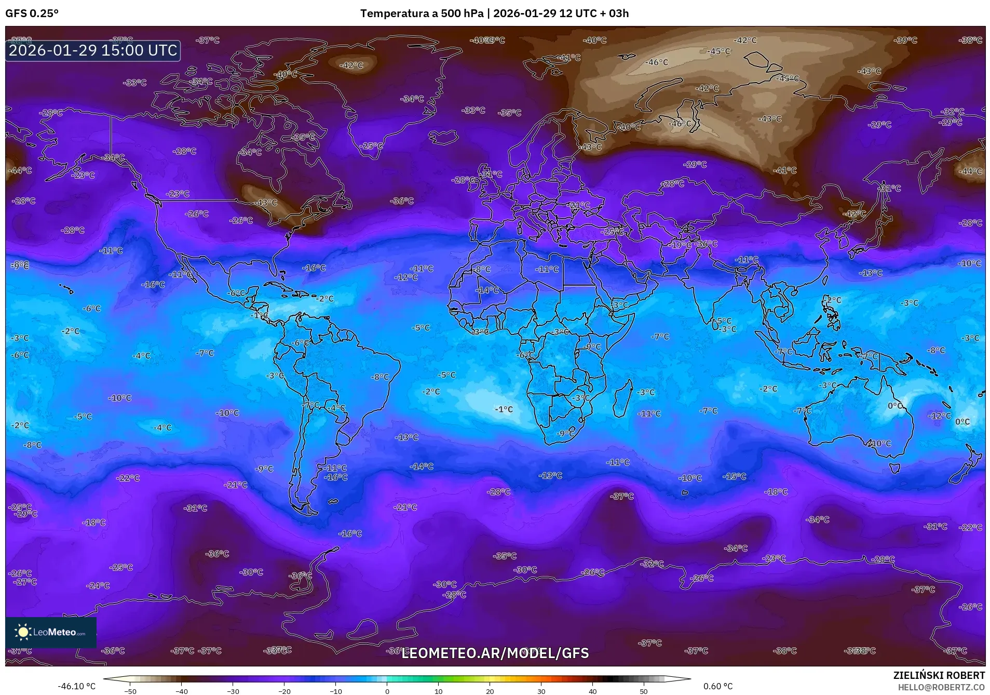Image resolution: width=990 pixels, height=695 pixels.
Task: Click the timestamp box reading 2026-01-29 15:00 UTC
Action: coord(93,50)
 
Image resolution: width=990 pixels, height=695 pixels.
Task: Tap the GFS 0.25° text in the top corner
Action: coord(32,14)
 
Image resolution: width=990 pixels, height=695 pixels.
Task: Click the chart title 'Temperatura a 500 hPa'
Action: coord(422,14)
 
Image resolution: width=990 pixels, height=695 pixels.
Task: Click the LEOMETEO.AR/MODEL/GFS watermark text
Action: coord(495,653)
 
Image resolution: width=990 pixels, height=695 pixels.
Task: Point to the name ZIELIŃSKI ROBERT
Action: coord(939,675)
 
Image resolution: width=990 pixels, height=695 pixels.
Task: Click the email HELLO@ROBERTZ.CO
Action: coord(941,687)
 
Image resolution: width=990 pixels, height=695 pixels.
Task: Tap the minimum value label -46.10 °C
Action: coord(76,686)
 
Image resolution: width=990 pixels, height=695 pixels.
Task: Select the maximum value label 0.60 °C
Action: coord(718,686)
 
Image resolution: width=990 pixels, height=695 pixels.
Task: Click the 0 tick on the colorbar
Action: coord(387,691)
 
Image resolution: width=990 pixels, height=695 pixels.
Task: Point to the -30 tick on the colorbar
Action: coord(233,691)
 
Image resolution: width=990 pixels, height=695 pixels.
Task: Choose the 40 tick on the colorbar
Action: coord(592,691)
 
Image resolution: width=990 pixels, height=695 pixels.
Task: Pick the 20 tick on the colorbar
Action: coord(490,691)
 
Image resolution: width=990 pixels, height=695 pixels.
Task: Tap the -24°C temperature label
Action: coord(98,585)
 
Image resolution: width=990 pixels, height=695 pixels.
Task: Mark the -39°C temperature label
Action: coord(906,40)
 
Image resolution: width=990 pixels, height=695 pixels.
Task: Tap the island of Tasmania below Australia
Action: coord(894,468)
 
